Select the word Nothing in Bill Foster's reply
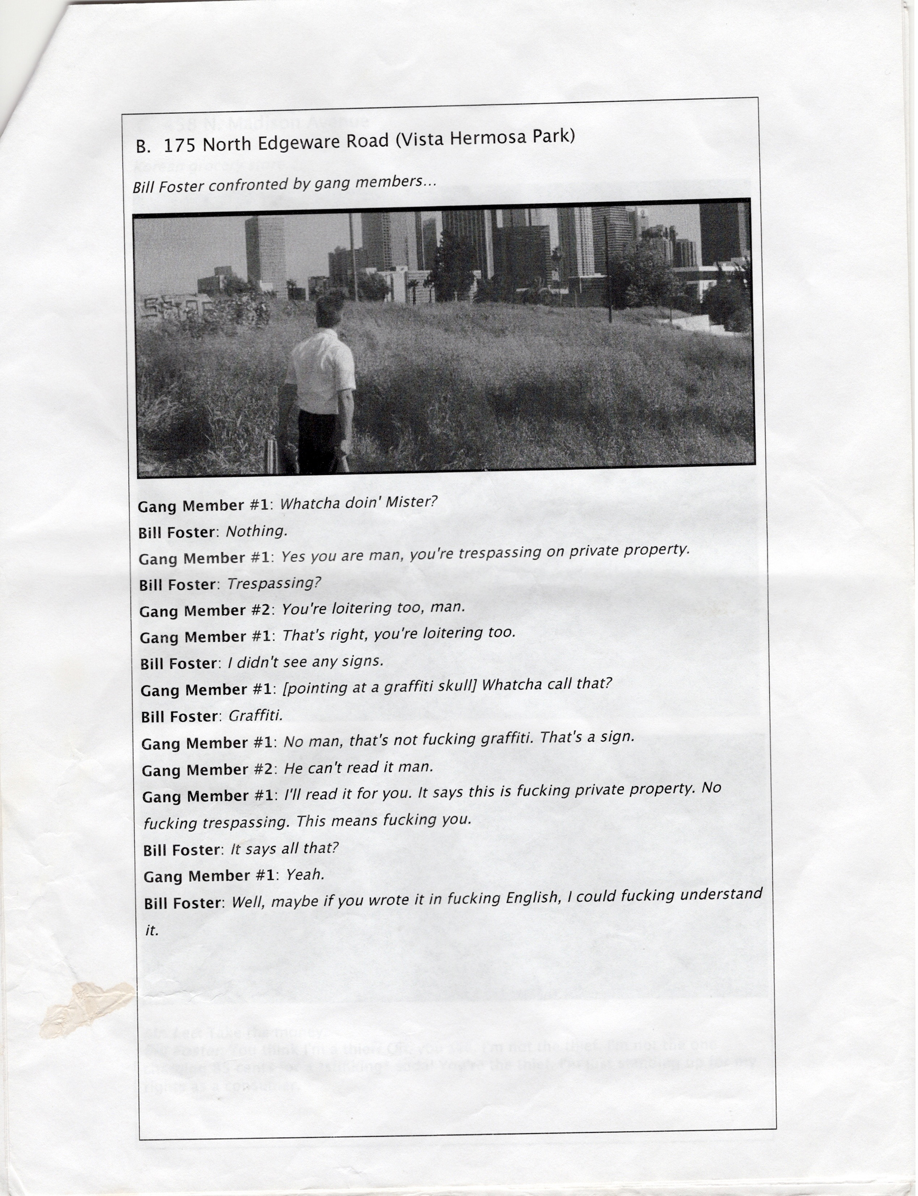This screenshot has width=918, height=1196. [x=256, y=531]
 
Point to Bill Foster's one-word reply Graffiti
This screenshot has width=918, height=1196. [x=255, y=715]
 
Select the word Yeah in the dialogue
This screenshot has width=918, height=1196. [x=305, y=875]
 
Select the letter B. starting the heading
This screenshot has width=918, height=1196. [x=143, y=146]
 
